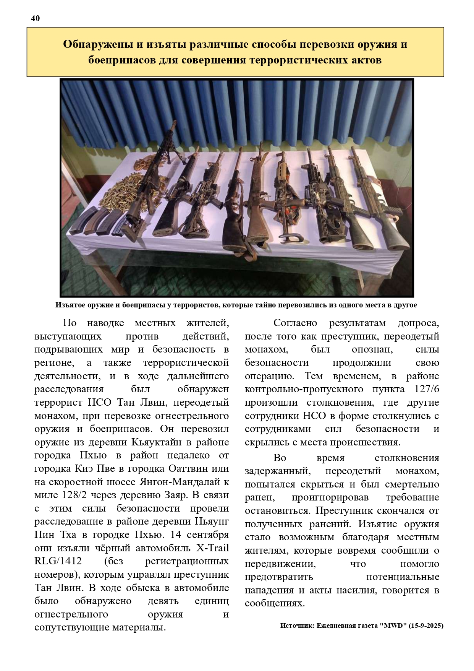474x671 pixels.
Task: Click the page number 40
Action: pyautogui.click(x=35, y=18)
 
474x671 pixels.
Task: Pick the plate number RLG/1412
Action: pyautogui.click(x=58, y=561)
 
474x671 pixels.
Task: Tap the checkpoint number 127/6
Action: pyautogui.click(x=426, y=389)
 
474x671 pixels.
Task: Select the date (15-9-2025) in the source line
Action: pyautogui.click(x=425, y=626)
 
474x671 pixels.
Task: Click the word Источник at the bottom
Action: pyautogui.click(x=297, y=626)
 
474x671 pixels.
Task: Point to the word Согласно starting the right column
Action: pyautogui.click(x=295, y=323)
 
